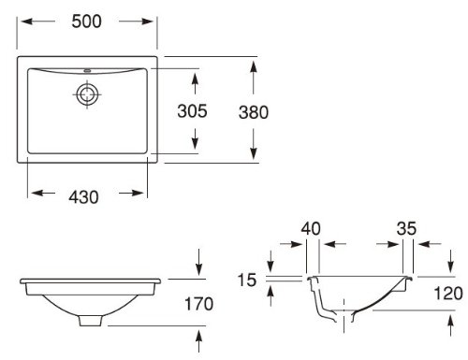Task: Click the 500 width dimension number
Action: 86,22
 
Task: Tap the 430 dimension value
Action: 83,197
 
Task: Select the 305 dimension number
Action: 192,111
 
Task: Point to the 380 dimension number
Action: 254,112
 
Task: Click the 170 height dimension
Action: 199,304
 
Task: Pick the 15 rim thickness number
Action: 247,280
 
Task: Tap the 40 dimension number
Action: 311,228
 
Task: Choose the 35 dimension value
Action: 406,228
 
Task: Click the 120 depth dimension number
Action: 448,294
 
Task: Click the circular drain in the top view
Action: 87,94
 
